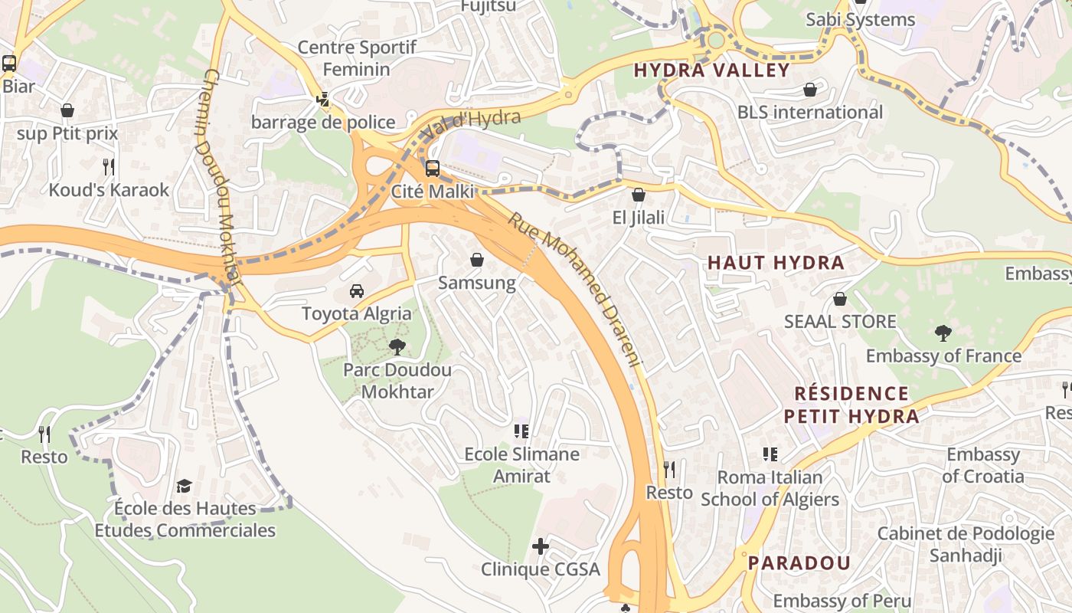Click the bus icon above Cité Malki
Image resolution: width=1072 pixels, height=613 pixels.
pos(433,169)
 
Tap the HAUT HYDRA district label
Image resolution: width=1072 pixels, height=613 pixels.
pos(776,263)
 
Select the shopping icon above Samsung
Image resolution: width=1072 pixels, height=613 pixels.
pos(477,261)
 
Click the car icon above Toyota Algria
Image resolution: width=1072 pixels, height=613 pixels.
pos(357,291)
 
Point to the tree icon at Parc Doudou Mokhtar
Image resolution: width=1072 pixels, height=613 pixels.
pos(397,347)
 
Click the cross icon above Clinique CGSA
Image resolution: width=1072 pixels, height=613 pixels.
pos(541,546)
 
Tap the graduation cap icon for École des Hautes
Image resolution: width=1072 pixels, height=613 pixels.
pos(184,486)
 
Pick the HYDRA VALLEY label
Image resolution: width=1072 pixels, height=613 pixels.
pos(712,70)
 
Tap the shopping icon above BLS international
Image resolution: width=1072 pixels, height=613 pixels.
pos(810,90)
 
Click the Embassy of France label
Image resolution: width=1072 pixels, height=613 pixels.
pos(943,356)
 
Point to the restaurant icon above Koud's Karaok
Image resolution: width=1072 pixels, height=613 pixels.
pos(109,166)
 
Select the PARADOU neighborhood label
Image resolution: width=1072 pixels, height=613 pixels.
pos(799,563)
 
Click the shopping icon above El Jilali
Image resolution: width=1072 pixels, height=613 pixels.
pos(639,195)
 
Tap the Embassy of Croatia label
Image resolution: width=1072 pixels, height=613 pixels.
pos(983,465)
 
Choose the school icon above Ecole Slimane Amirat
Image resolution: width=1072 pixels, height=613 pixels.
pos(522,431)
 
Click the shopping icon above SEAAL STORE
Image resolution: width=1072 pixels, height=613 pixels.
pos(840,299)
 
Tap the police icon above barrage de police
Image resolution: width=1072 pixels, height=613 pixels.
pos(323,100)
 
